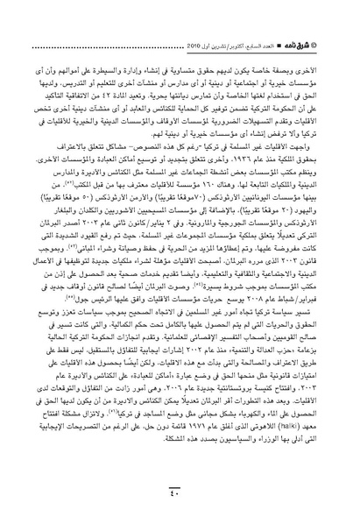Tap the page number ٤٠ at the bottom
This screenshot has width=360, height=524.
pos(180,497)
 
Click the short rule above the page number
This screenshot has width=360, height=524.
pos(180,487)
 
